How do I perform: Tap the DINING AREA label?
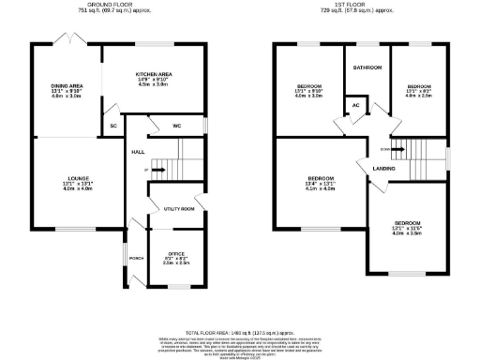68,86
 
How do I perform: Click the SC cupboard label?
113,125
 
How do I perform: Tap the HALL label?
138,151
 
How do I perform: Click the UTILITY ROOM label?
178,208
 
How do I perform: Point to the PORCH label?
137,258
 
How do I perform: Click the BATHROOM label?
366,68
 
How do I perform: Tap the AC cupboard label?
356,105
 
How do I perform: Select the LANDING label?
383,168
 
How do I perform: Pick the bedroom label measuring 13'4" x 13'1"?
322,178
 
